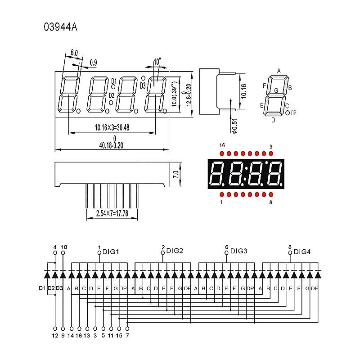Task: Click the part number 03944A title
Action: pyautogui.click(x=60, y=27)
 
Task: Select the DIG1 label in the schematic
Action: pyautogui.click(x=111, y=252)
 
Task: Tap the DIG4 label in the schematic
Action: pyautogui.click(x=302, y=252)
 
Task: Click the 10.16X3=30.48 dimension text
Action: pyautogui.click(x=112, y=127)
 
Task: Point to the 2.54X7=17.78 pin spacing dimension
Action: pyautogui.click(x=112, y=213)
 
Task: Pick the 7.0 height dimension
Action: pyautogui.click(x=176, y=175)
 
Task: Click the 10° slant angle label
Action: pyautogui.click(x=157, y=62)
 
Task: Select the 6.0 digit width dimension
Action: pyautogui.click(x=74, y=53)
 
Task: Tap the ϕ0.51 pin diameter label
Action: pyautogui.click(x=234, y=126)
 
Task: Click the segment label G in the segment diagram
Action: pyautogui.click(x=276, y=90)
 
